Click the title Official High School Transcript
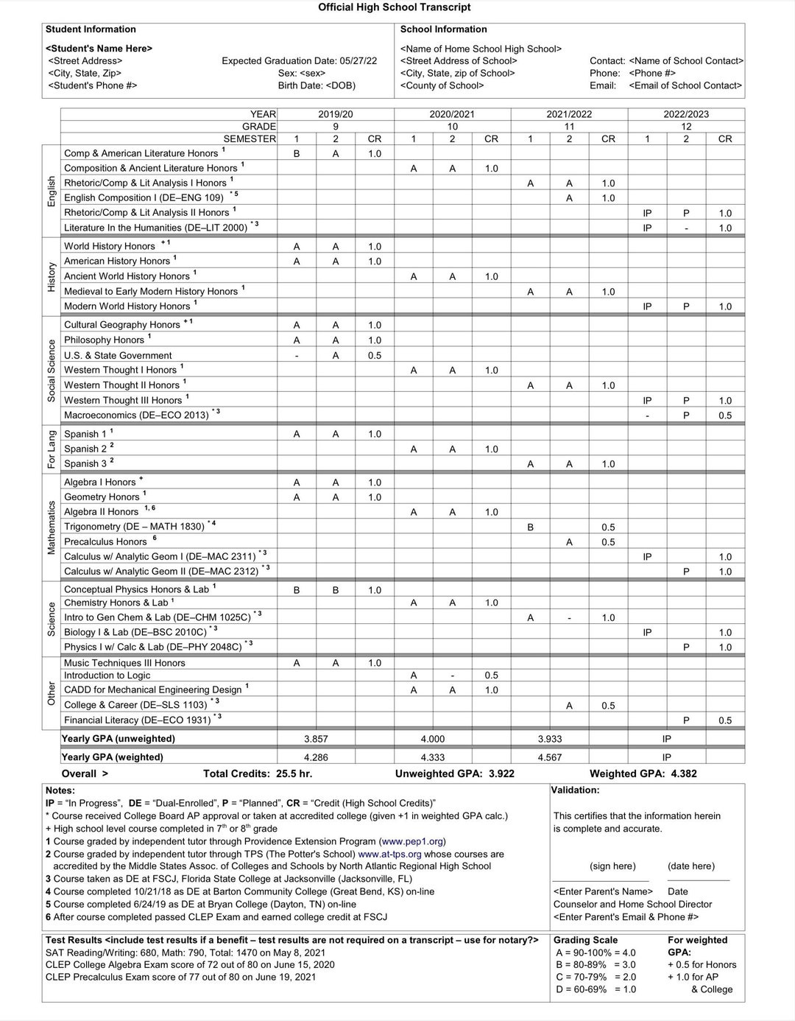(394, 7)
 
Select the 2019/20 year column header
(335, 114)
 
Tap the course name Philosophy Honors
(104, 340)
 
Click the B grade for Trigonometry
(530, 527)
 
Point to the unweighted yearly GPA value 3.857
(316, 739)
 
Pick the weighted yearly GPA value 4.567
(549, 757)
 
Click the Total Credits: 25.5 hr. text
(258, 773)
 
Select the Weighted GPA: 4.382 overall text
(643, 773)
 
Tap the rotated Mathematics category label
(52, 527)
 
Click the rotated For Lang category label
(52, 449)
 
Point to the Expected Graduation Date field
(299, 61)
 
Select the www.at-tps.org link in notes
(389, 854)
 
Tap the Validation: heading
(575, 790)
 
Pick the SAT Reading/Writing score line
(185, 952)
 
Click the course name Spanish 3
(85, 464)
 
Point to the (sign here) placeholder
(612, 866)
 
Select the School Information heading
(443, 29)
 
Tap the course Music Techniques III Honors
(124, 663)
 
